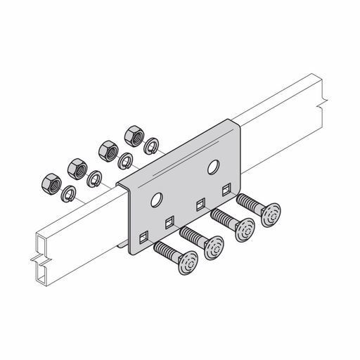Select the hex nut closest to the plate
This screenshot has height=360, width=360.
[132, 134]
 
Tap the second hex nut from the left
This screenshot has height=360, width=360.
[77, 168]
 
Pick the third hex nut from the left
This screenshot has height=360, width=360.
[108, 150]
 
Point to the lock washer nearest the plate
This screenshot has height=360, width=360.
[150, 146]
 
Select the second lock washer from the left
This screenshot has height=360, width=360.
[94, 179]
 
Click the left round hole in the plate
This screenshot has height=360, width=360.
[160, 200]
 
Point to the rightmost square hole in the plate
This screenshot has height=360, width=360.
[226, 189]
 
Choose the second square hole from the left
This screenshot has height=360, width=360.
[169, 222]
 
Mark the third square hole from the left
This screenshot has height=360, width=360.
[199, 205]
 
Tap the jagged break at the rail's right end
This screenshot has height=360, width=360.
[322, 96]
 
